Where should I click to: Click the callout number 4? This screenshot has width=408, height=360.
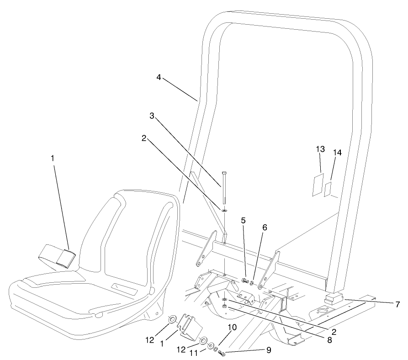pos(159,78)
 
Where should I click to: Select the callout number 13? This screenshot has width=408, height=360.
pos(320,149)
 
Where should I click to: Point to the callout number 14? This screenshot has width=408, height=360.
pos(337,154)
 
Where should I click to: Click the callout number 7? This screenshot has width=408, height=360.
pos(397,303)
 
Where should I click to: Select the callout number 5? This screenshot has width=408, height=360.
pos(244,221)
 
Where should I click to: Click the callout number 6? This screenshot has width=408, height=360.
pos(265,227)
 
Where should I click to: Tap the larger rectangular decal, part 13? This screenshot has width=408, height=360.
pos(317,185)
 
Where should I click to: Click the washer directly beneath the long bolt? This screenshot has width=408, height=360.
pos(224,210)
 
